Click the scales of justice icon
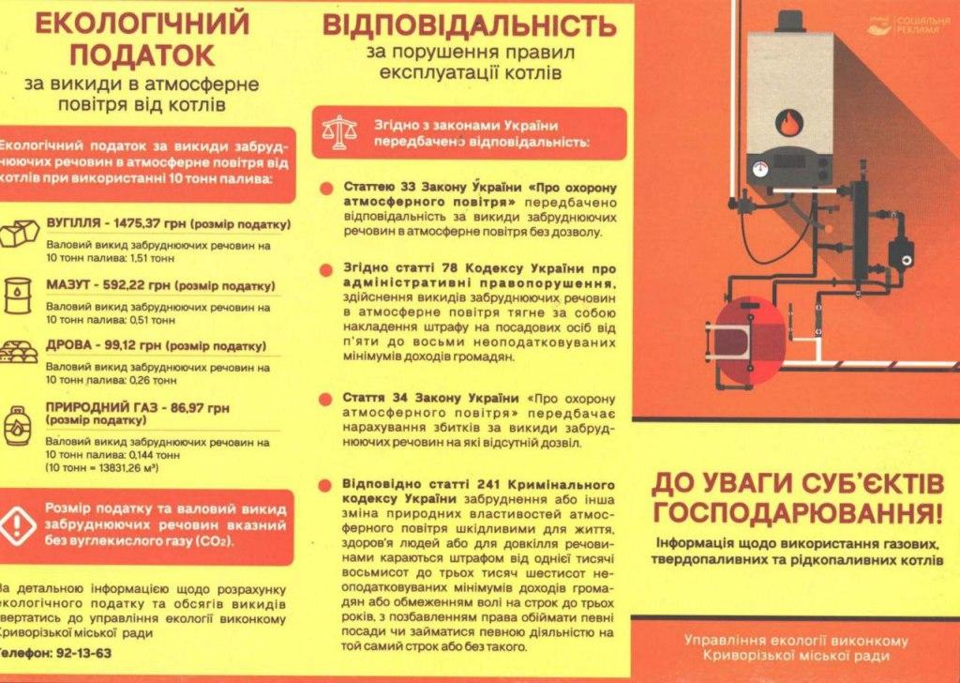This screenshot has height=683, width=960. click(336, 133)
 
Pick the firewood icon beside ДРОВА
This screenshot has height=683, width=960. click(21, 350)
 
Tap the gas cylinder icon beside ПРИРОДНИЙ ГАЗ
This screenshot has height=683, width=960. click(18, 424)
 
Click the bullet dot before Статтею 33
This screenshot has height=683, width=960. click(326, 188)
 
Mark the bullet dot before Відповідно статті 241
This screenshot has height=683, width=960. click(326, 485)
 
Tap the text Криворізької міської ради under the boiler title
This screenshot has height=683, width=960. click(796, 656)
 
